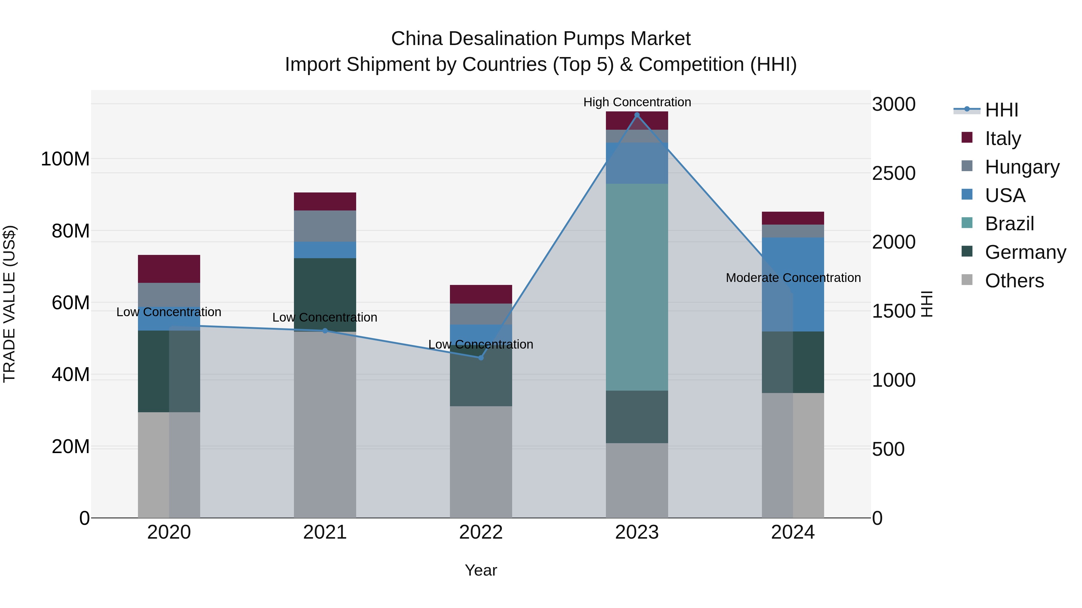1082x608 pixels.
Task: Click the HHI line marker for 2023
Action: point(637,115)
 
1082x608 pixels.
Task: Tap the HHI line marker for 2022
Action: point(481,358)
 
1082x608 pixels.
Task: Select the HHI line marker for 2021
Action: point(325,331)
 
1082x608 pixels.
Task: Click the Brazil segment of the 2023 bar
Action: point(637,287)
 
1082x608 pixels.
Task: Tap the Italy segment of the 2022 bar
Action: point(481,294)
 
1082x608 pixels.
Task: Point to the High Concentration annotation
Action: point(637,102)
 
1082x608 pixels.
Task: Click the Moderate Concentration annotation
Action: point(793,277)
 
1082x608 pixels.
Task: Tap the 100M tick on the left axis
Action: point(65,159)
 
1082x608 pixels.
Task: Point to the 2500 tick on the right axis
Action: point(894,173)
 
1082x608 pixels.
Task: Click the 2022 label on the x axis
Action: point(481,532)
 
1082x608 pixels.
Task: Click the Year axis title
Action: point(481,570)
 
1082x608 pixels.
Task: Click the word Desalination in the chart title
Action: point(503,39)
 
